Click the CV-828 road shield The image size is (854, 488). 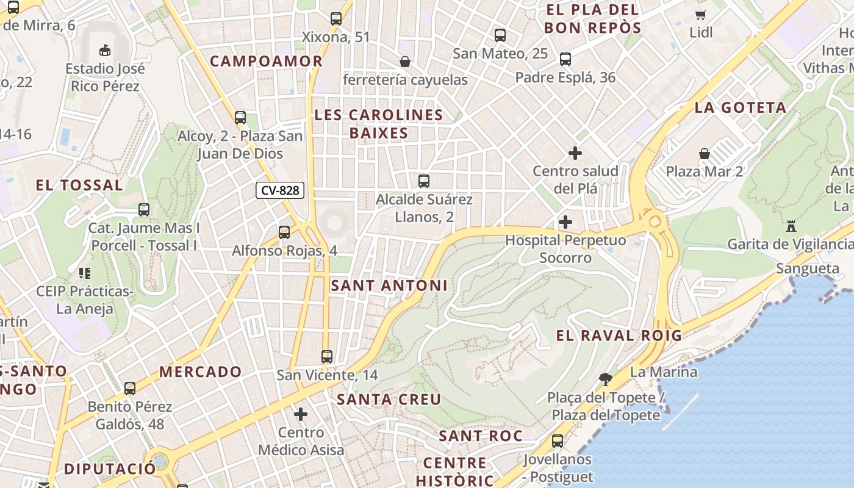(280, 190)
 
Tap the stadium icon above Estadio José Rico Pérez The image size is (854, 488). (105, 49)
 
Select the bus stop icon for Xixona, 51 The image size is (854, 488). (336, 19)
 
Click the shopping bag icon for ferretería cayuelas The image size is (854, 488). (404, 62)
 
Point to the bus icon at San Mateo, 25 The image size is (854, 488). (500, 35)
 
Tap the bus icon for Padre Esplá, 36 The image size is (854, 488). (565, 59)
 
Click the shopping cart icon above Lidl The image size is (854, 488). (701, 15)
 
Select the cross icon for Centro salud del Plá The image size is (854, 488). (575, 153)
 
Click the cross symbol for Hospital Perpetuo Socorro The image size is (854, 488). (565, 222)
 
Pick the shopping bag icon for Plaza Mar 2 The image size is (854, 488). (705, 153)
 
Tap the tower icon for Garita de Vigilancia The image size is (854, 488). (791, 226)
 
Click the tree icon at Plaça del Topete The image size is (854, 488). (606, 379)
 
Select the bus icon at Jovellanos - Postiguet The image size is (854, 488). (558, 441)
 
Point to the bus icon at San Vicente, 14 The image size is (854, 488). (327, 357)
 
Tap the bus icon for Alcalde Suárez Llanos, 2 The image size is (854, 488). (424, 181)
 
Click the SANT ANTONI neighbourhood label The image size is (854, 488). (389, 285)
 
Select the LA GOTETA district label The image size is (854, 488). (740, 108)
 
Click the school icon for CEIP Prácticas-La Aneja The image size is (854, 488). (84, 273)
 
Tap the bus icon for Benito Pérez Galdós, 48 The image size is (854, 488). (130, 389)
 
